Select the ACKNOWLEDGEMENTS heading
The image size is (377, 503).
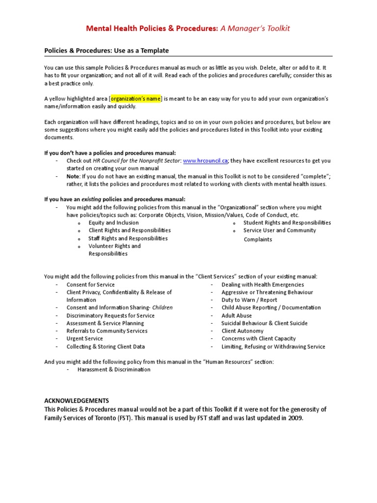77,401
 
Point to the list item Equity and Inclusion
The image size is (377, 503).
113,223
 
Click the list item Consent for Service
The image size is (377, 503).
90,284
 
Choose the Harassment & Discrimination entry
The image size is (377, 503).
114,369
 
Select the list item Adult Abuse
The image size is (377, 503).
237,315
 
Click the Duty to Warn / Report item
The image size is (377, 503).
249,300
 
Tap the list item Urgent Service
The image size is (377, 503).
84,338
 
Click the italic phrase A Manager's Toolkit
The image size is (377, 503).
255,28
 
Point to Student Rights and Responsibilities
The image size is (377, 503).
287,223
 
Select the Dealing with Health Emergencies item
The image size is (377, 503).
263,284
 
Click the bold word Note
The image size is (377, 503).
73,176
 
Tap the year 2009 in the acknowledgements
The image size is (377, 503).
296,418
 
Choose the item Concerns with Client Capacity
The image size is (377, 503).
259,338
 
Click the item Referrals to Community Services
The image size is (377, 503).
107,331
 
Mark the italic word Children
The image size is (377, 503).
162,307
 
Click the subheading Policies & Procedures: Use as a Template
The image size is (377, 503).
107,51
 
